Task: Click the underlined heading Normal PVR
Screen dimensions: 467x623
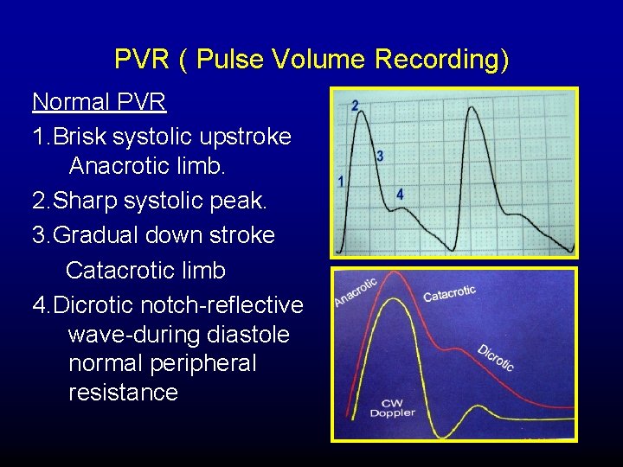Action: click(x=99, y=102)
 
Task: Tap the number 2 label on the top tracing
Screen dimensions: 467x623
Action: click(x=355, y=106)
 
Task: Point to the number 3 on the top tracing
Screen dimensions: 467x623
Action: click(x=380, y=157)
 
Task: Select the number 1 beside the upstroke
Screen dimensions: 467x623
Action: click(x=341, y=182)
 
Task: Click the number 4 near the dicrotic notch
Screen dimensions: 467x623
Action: click(x=400, y=195)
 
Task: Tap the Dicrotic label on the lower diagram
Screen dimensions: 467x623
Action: click(x=496, y=357)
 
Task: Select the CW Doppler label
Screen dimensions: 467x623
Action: click(x=392, y=407)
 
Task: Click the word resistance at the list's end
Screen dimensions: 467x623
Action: click(x=123, y=393)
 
